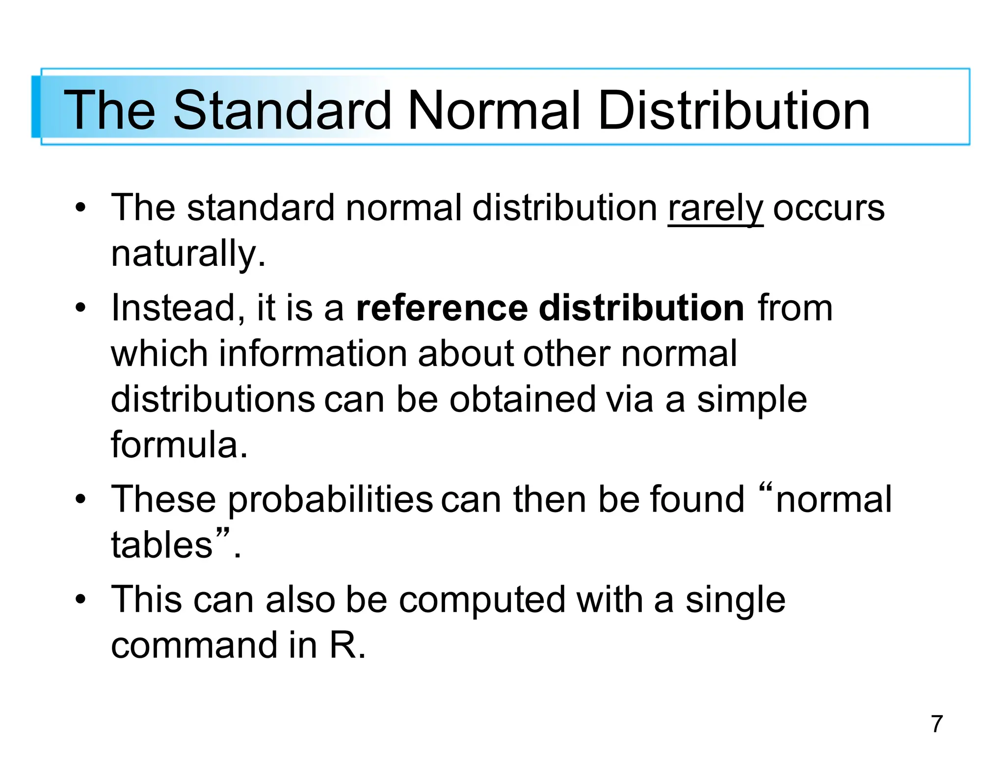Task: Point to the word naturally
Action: (x=188, y=254)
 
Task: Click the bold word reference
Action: (x=442, y=308)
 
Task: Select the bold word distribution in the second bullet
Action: (x=641, y=308)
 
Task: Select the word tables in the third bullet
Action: (x=161, y=545)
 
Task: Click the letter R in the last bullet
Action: (x=342, y=646)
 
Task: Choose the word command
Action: (x=194, y=646)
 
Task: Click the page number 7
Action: (x=937, y=724)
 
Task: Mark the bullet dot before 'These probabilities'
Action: (x=80, y=500)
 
